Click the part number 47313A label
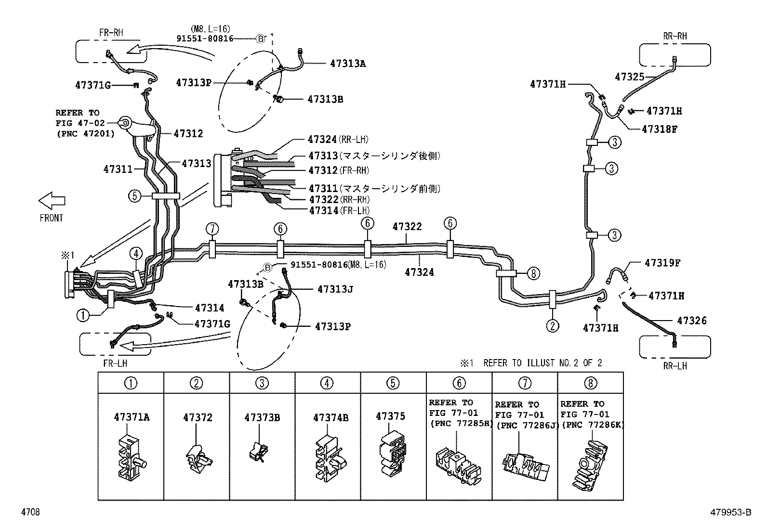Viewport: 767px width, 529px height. pyautogui.click(x=348, y=63)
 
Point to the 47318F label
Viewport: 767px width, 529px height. pyautogui.click(x=660, y=129)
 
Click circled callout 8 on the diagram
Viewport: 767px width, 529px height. pyautogui.click(x=533, y=273)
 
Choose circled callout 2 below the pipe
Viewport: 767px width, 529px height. pyautogui.click(x=552, y=326)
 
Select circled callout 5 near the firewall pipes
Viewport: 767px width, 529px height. pyautogui.click(x=134, y=196)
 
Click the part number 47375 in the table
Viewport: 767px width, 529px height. pyautogui.click(x=390, y=416)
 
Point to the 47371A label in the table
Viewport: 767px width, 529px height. pyautogui.click(x=132, y=417)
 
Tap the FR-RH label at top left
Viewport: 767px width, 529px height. pyautogui.click(x=111, y=33)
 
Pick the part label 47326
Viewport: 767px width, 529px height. pyautogui.click(x=692, y=321)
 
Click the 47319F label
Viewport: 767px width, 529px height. pyautogui.click(x=662, y=263)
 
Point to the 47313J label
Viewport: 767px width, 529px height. pyautogui.click(x=335, y=289)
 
